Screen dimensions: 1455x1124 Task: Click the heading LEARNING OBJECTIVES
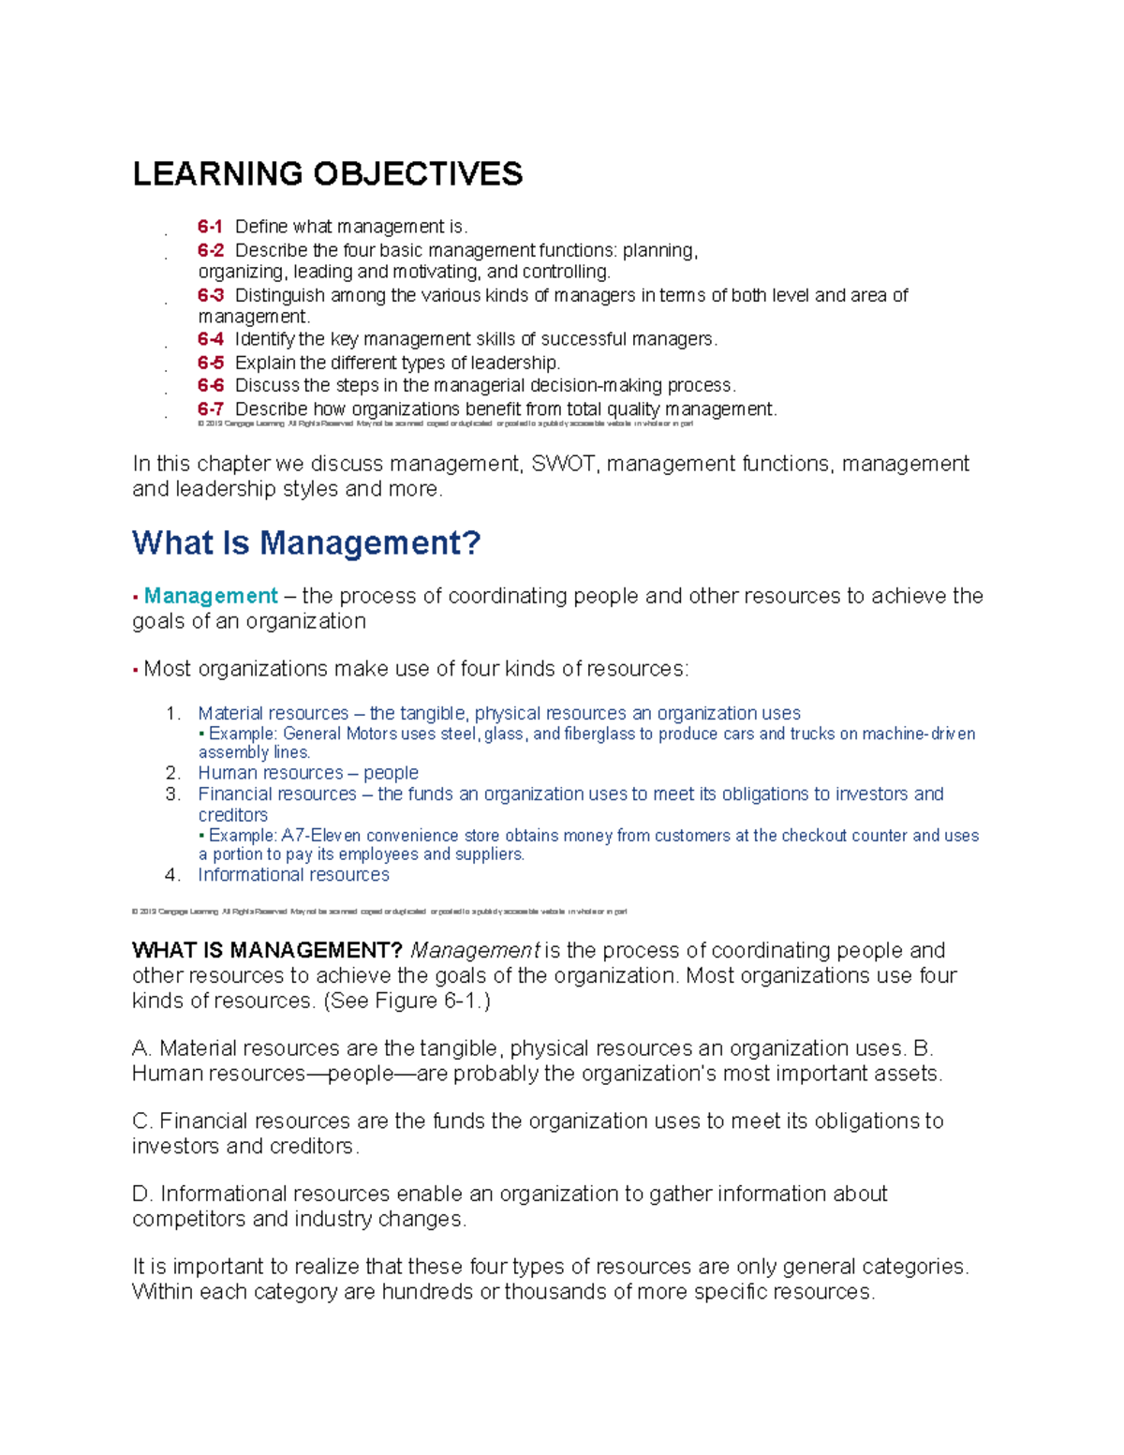click(x=328, y=174)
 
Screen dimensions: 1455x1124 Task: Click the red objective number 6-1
click(x=210, y=227)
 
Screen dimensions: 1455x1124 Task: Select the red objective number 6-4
click(x=210, y=339)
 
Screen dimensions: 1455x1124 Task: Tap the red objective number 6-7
click(x=210, y=408)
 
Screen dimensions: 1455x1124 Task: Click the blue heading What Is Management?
click(x=306, y=542)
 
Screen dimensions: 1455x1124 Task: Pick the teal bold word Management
click(x=211, y=596)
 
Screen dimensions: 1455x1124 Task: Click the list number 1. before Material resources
click(x=172, y=714)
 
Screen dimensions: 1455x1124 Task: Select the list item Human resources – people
click(x=308, y=773)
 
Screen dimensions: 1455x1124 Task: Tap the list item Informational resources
click(x=293, y=875)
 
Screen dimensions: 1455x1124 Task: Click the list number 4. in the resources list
click(x=172, y=875)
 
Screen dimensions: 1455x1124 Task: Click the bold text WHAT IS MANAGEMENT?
click(x=267, y=950)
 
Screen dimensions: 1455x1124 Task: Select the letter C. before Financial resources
click(x=142, y=1121)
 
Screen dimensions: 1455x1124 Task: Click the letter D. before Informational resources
click(x=142, y=1194)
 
